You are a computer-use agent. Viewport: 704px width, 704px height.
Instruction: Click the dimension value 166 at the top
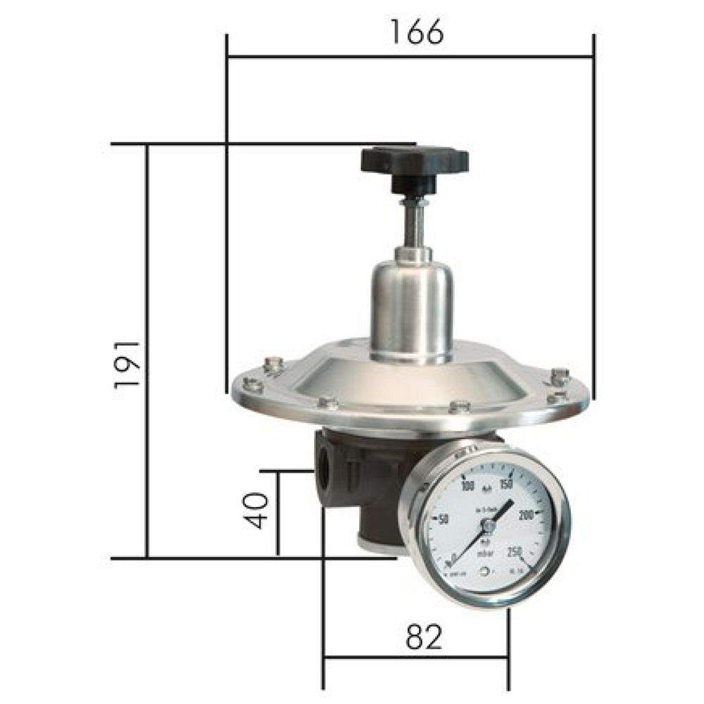tap(417, 32)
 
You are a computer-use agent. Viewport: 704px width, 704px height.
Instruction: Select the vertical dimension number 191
tap(127, 365)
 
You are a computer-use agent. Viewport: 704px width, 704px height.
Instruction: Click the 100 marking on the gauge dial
tap(467, 486)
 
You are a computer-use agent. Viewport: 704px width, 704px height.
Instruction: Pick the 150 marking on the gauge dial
tap(505, 484)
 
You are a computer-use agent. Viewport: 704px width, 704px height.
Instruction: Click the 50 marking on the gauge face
tap(444, 520)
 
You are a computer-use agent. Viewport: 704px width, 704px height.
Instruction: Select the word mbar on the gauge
tap(485, 556)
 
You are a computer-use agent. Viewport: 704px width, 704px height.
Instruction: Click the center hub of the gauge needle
tap(486, 524)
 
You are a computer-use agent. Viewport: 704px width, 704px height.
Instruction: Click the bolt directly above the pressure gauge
tap(459, 407)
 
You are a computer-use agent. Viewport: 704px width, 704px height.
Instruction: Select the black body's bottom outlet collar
tap(377, 542)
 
